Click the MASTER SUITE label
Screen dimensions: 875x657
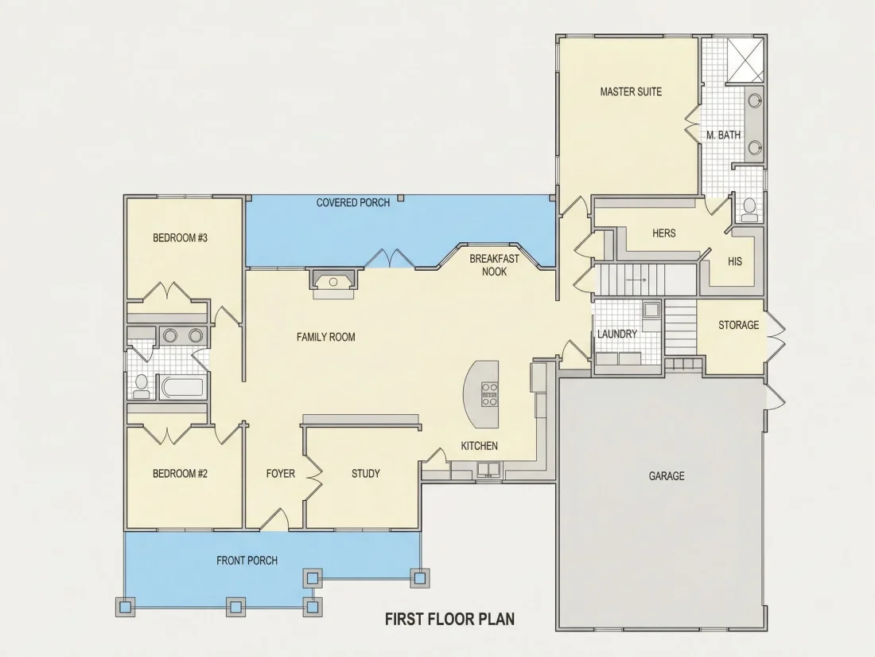[631, 92]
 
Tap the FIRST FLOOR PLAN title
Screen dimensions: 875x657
[449, 619]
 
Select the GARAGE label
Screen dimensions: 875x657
[667, 476]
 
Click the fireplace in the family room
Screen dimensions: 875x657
[333, 282]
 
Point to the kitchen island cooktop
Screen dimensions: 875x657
[490, 394]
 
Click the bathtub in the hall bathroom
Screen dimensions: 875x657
[182, 387]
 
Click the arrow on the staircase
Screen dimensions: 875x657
[636, 280]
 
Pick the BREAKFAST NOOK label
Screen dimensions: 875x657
[495, 265]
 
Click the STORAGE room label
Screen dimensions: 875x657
[738, 325]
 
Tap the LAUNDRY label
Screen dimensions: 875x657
[616, 334]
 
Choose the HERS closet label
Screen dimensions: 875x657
[664, 233]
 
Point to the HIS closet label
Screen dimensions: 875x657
[735, 261]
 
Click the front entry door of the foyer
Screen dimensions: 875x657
[274, 519]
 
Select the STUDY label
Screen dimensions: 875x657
[366, 474]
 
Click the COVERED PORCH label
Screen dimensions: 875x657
[353, 203]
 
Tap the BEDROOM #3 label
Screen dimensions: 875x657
[181, 238]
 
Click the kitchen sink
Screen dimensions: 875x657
[489, 469]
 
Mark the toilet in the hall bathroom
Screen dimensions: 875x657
[142, 386]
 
